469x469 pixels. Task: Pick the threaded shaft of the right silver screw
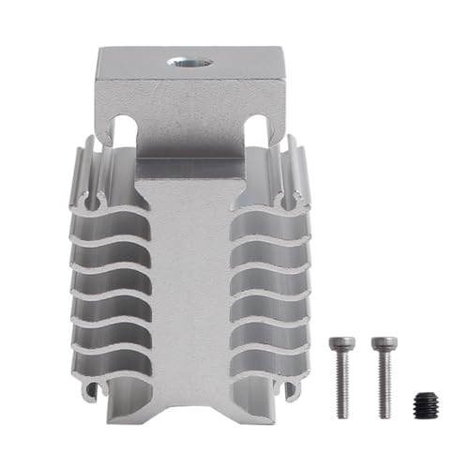[383, 385]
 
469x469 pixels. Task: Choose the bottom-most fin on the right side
[272, 361]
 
